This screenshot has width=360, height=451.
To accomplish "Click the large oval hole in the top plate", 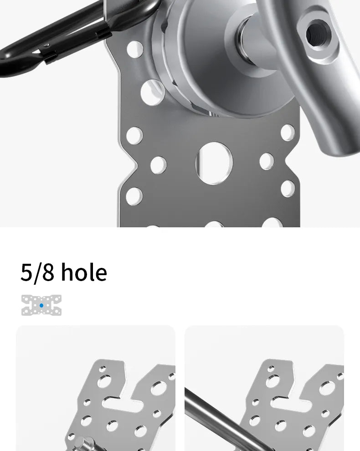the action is point(214,163).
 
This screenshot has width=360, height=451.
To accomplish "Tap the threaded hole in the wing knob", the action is point(318,35).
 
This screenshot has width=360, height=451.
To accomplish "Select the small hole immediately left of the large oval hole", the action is point(159,165).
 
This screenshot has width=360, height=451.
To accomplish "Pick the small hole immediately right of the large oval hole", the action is point(267,161).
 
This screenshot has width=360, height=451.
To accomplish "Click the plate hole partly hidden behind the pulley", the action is point(152,92).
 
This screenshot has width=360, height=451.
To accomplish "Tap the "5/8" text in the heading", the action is point(37,272).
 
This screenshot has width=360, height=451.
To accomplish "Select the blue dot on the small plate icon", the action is point(41,306).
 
